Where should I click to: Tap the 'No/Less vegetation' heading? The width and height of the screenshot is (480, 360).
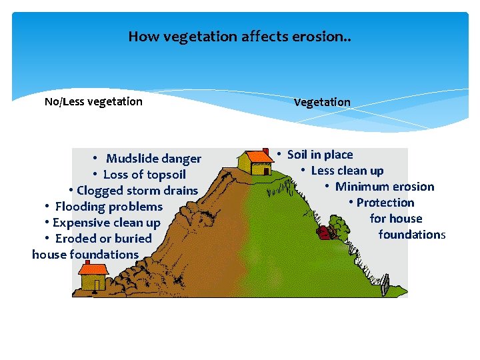tap(93, 101)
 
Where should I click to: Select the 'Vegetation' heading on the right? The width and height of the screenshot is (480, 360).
tap(322, 102)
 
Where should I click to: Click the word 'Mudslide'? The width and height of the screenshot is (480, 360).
tap(130, 159)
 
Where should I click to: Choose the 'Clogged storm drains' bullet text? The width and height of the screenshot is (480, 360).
tap(137, 191)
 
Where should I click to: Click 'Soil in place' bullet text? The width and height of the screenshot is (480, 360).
tap(320, 155)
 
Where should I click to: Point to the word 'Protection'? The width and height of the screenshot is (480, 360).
tap(385, 203)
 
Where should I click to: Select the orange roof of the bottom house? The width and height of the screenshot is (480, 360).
tap(93, 269)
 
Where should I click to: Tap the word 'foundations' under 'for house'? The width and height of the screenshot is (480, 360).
tap(411, 235)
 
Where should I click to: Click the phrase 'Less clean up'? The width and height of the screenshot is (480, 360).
tap(347, 171)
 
